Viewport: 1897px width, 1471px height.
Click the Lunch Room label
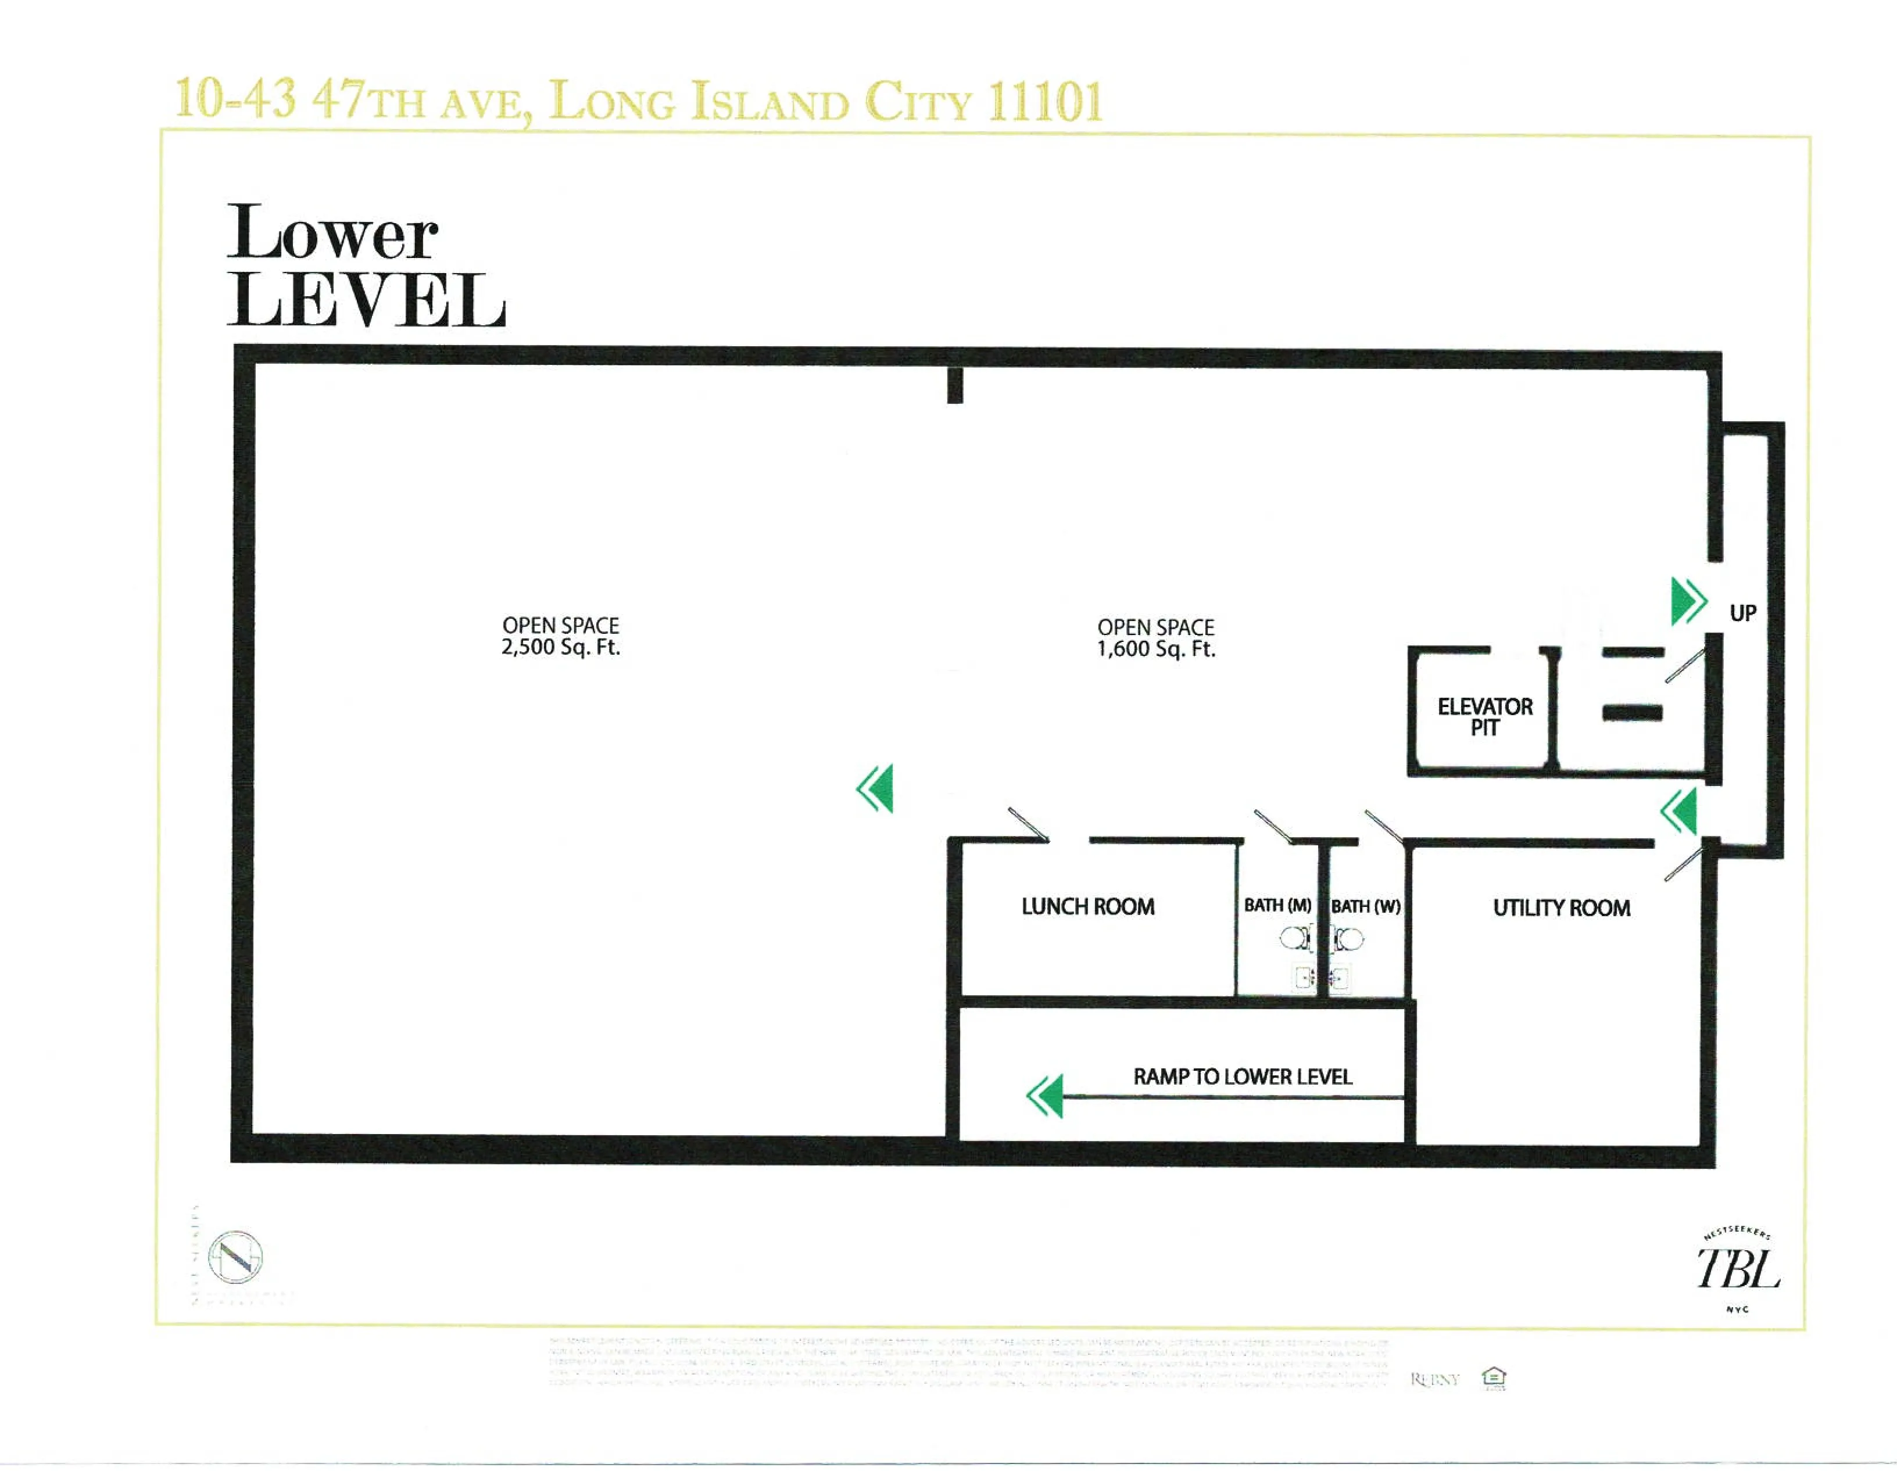[1087, 906]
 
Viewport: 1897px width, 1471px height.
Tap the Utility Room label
[1561, 908]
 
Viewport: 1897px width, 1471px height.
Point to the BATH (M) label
[1277, 906]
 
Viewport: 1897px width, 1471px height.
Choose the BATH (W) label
[1365, 906]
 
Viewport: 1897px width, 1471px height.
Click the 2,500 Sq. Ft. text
[560, 648]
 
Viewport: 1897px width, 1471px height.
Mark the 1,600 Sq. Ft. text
[1155, 650]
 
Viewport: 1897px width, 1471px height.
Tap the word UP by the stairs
[1742, 613]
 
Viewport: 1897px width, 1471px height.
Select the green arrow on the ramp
[1045, 1096]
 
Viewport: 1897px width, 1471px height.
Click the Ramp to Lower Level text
[1242, 1077]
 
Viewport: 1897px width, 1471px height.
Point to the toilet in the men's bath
[1295, 938]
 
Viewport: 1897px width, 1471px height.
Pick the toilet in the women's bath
[1349, 938]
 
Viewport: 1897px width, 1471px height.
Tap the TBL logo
[1738, 1269]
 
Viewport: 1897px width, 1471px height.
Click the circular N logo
[235, 1257]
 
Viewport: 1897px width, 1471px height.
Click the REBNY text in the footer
[1435, 1379]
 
